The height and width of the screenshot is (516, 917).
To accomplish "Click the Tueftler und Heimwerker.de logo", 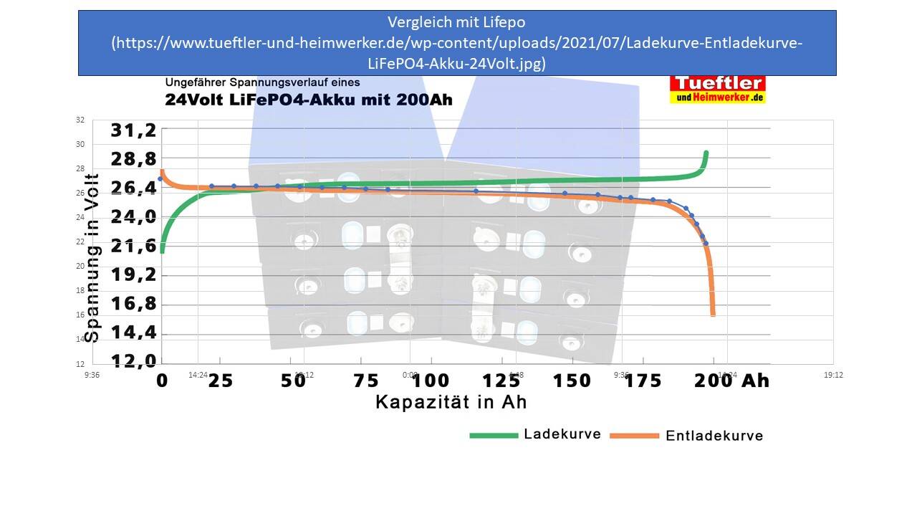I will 717,90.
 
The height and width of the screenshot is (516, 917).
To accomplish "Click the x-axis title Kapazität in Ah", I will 451,402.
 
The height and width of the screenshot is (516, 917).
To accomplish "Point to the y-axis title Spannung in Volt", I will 92,258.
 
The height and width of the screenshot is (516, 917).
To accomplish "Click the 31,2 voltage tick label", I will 133,130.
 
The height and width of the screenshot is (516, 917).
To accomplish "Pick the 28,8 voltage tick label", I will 133,158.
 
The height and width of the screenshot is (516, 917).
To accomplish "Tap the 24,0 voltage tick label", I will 133,216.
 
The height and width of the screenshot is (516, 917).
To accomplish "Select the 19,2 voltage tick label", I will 133,275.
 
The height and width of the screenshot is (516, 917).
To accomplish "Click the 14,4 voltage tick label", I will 133,333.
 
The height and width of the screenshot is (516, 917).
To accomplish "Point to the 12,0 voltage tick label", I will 133,360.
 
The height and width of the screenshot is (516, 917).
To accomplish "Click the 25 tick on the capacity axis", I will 221,380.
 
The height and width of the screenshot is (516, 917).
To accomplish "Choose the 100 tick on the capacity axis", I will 431,380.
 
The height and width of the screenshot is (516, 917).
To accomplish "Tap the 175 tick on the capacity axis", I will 643,380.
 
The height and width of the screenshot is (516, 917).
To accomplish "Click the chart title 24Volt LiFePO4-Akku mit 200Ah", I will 309,100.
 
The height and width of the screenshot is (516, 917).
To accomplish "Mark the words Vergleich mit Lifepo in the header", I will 456,22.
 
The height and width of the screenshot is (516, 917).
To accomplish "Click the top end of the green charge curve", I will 706,153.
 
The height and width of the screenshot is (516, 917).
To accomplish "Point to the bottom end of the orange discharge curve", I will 713,313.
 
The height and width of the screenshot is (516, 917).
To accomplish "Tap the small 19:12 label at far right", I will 833,375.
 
